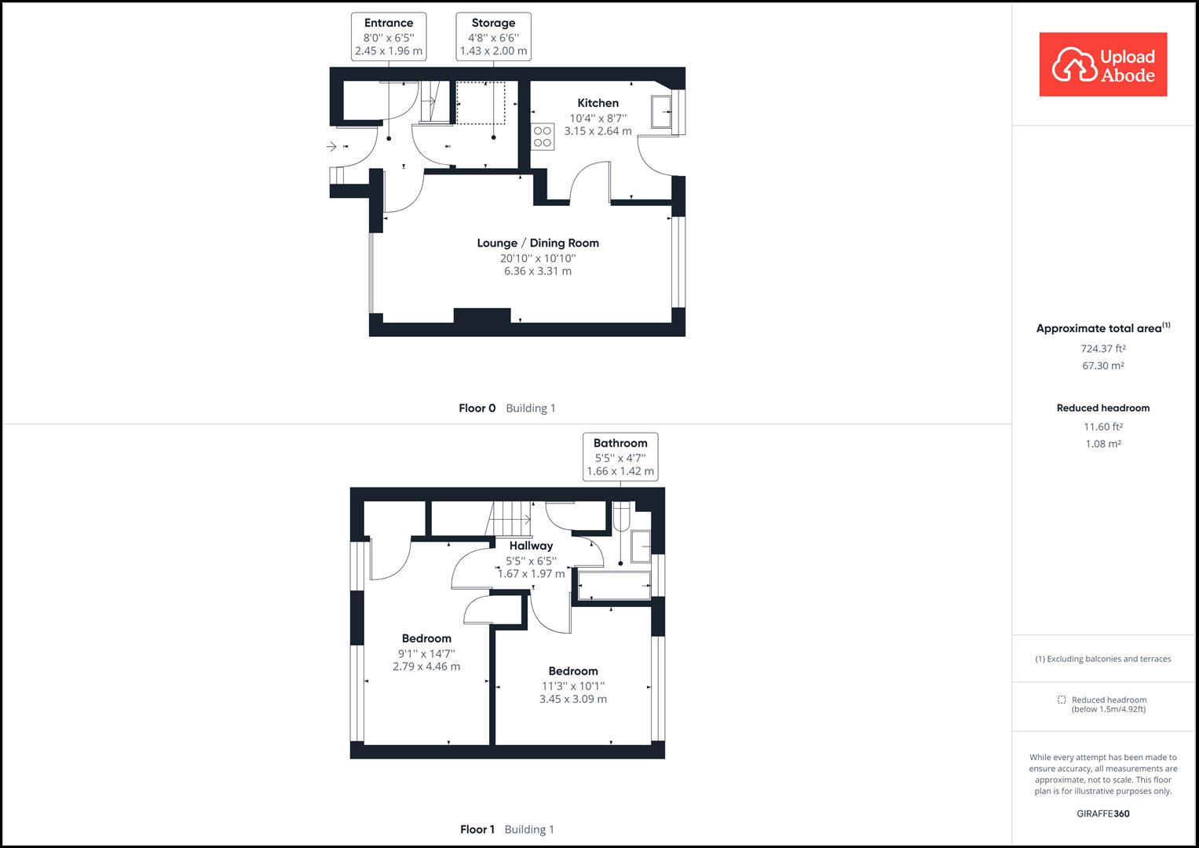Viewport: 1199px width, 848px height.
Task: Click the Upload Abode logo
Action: (x=1102, y=64)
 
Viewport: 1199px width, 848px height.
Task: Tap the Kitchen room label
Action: (x=598, y=103)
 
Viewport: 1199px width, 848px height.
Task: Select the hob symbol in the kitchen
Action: (x=543, y=137)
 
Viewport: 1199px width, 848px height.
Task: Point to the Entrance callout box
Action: (x=389, y=36)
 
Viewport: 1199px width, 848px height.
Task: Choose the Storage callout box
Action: (x=493, y=36)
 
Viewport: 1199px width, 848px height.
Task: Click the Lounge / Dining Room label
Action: (x=538, y=243)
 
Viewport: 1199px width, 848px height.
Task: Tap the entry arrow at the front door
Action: (x=332, y=146)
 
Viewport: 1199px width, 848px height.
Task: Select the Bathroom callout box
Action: (x=620, y=456)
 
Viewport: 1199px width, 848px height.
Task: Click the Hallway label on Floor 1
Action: (x=531, y=546)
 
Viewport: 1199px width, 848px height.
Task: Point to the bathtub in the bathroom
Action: (x=614, y=586)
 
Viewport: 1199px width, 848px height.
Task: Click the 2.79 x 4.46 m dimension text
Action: (x=426, y=667)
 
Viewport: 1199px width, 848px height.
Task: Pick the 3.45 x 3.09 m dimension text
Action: (x=573, y=699)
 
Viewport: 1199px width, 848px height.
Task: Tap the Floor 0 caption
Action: (x=477, y=408)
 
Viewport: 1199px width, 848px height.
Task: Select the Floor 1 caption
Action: (x=477, y=829)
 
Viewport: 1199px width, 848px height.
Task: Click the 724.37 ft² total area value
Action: (x=1102, y=349)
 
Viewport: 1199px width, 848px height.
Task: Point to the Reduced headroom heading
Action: (x=1102, y=408)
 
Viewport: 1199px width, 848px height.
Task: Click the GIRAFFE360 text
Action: (x=1102, y=813)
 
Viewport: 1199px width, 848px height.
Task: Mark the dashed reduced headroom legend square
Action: (x=1062, y=700)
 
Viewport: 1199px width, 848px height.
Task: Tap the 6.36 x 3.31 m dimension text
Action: (x=538, y=272)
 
